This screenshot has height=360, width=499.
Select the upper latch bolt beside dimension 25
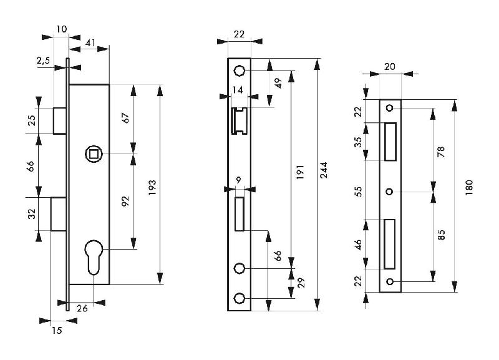[60, 120]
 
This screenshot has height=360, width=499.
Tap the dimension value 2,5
[44, 61]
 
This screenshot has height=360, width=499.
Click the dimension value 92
[124, 201]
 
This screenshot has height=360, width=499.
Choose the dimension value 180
[470, 187]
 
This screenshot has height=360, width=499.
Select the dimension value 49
[278, 83]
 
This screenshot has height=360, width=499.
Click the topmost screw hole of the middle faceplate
[239, 71]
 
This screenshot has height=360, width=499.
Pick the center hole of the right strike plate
[389, 191]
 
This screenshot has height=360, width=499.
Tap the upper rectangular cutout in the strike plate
[390, 141]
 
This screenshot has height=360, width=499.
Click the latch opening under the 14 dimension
[239, 120]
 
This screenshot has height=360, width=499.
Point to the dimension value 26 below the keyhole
[82, 307]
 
